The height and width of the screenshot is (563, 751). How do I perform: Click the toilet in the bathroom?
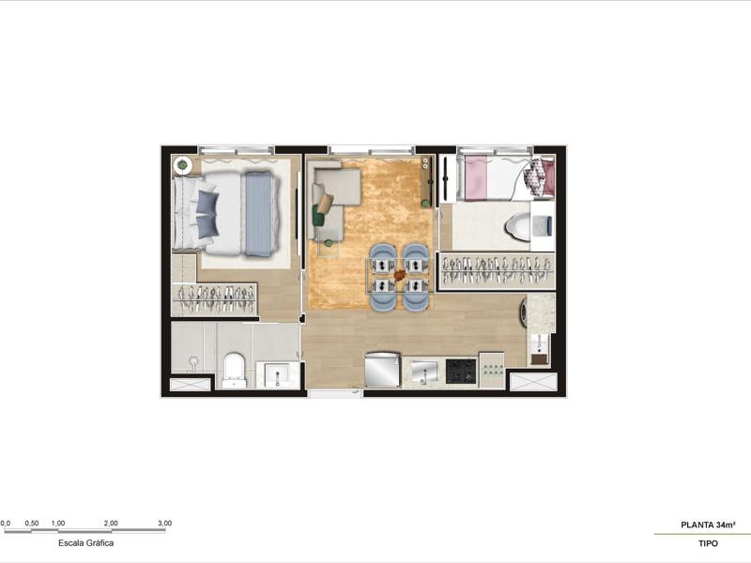pos(234,369)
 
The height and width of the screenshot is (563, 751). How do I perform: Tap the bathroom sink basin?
pos(277,376)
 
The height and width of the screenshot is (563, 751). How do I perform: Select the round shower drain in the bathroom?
pos(193,360)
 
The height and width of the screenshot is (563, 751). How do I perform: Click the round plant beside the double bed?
pos(182,166)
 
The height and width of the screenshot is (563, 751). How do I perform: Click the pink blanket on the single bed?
pos(475,178)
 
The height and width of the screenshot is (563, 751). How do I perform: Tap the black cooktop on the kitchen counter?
pos(459,372)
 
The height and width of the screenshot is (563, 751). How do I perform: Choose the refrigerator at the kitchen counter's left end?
pos(383,369)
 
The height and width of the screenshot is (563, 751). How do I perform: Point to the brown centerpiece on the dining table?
pos(401,275)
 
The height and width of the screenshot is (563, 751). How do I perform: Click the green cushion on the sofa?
pos(320,218)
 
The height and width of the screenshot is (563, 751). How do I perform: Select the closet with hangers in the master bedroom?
pos(214,299)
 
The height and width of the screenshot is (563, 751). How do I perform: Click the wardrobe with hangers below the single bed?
pos(497,270)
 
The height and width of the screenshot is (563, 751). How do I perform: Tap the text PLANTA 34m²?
pos(708,525)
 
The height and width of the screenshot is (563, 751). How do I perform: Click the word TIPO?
pos(708,544)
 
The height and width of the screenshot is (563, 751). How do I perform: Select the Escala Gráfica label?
pos(86,542)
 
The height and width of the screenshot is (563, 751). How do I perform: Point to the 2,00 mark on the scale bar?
pos(111,523)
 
